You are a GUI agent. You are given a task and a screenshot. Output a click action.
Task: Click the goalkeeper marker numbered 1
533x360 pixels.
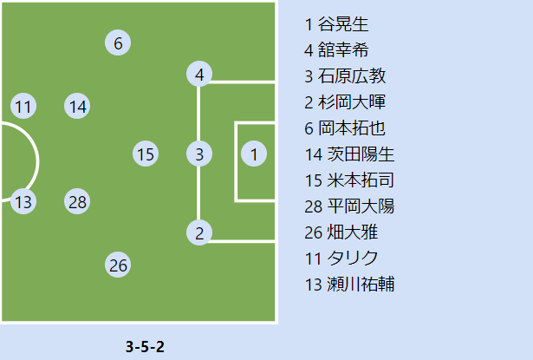[x=253, y=154]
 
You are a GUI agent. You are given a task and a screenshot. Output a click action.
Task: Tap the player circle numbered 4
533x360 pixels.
[x=199, y=75]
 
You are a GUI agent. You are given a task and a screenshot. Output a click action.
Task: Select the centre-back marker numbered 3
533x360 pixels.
[x=199, y=154]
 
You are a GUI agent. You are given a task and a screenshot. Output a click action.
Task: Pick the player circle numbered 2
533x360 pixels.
[x=199, y=232]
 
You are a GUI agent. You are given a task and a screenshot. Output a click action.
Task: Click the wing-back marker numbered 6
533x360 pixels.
[x=118, y=42]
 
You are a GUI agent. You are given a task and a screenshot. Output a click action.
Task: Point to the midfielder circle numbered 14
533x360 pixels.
[x=78, y=107]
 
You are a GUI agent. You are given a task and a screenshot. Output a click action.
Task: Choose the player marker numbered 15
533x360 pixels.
[x=146, y=154]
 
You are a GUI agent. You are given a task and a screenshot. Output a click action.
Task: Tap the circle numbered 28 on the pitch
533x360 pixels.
[x=78, y=202]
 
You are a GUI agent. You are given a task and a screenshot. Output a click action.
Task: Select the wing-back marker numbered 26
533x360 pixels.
[x=118, y=265]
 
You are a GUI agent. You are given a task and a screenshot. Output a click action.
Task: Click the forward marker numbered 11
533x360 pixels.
[x=23, y=107]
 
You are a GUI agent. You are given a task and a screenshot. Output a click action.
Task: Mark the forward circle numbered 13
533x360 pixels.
[x=23, y=202]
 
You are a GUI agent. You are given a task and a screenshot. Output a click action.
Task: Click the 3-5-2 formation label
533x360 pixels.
[x=145, y=347]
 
